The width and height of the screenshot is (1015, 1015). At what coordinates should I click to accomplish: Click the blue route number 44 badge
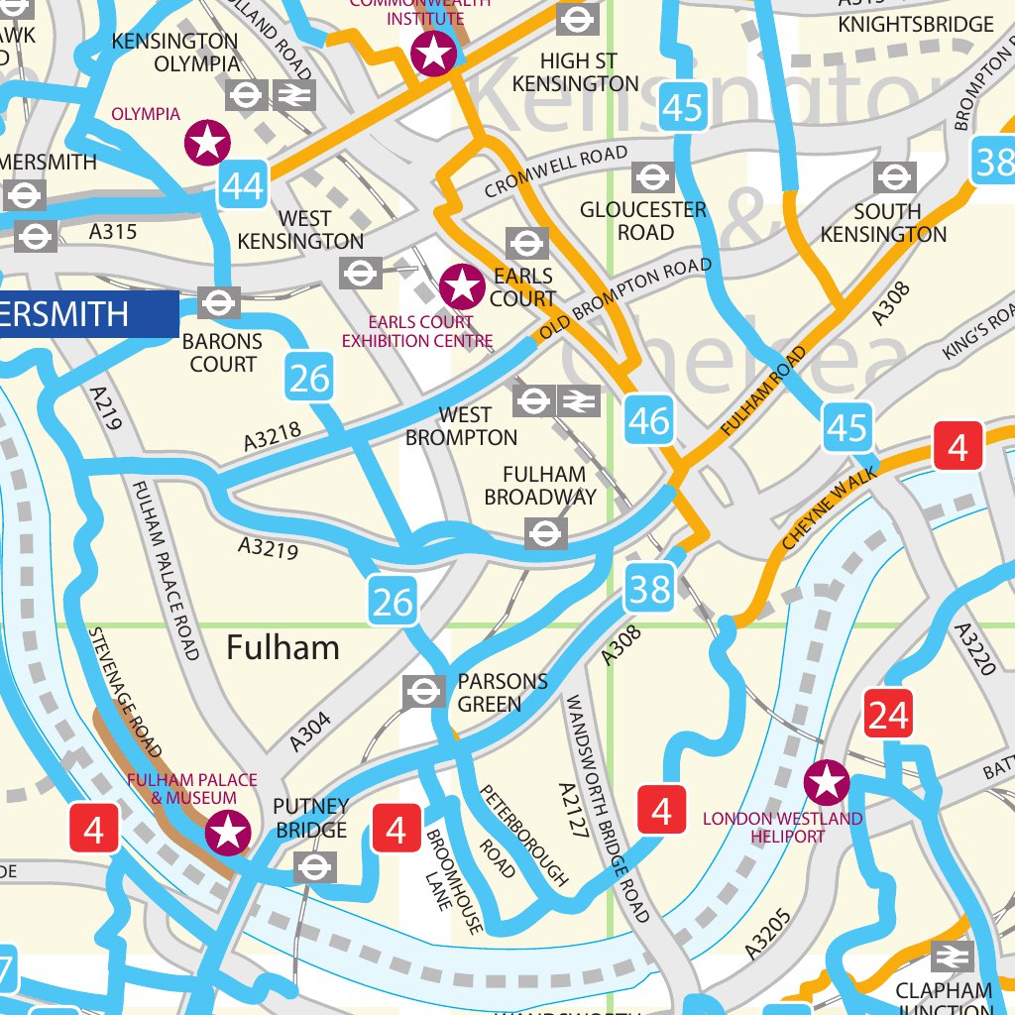point(244,185)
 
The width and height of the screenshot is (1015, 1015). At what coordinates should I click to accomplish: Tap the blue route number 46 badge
point(649,422)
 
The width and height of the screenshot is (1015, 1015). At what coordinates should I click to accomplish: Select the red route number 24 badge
point(888,715)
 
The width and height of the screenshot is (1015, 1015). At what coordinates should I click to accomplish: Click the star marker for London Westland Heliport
point(827,784)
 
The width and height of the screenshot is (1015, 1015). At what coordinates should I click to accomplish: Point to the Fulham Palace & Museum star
point(228,833)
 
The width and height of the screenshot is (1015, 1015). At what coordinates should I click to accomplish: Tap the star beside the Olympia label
point(207,143)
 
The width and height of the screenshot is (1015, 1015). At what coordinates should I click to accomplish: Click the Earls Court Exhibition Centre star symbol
point(462,286)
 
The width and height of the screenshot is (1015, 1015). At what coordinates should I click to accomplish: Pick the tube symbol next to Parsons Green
point(423,691)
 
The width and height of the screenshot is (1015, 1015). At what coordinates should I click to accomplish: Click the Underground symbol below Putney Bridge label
point(315,867)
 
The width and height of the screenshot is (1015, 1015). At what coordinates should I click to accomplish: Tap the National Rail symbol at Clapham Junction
point(952,957)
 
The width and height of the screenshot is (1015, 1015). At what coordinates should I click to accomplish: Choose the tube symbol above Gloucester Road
point(652,177)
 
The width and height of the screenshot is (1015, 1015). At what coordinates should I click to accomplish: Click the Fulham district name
point(282,648)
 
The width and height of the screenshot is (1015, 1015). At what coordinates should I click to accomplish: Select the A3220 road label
point(973,649)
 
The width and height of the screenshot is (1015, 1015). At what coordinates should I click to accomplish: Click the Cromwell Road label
point(556,172)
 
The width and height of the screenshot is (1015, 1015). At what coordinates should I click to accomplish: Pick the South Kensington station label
point(884,223)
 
